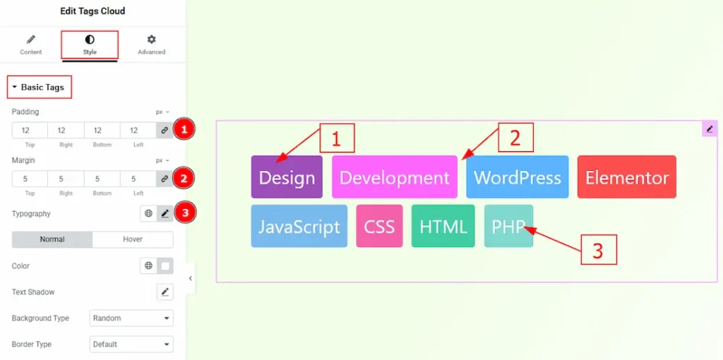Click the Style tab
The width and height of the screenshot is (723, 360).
[90, 45]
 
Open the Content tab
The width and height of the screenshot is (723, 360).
[31, 45]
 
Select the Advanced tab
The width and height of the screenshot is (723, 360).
[151, 45]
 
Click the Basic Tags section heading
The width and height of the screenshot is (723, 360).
[40, 87]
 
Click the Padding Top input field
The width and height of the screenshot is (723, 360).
[30, 131]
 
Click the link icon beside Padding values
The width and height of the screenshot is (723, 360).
[165, 131]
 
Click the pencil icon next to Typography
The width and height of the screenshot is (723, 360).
[165, 213]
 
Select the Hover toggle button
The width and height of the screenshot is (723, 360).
[133, 240]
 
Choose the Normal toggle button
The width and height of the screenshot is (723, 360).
[52, 240]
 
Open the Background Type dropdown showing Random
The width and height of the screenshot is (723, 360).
[131, 318]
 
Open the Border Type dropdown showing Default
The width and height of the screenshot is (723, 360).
[131, 344]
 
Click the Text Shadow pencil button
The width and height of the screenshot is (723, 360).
[165, 292]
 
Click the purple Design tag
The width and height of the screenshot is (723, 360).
[287, 177]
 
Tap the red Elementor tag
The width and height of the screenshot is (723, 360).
[627, 177]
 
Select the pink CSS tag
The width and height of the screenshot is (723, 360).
[379, 226]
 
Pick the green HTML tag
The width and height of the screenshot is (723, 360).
[443, 226]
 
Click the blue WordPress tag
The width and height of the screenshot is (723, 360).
[518, 177]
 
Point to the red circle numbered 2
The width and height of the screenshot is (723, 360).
[184, 179]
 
